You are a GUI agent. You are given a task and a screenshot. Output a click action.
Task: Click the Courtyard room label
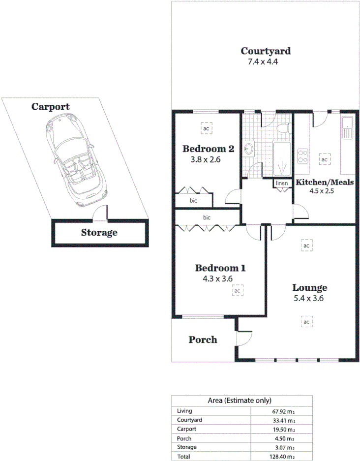point(266,51)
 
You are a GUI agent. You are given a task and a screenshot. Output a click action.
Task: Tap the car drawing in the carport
point(75,162)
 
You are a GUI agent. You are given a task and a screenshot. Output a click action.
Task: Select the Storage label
point(99,233)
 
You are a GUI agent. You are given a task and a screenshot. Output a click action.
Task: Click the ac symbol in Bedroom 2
point(206,128)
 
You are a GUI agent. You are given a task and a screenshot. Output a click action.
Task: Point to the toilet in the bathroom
point(282,129)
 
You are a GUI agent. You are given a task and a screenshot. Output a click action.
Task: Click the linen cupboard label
point(281,184)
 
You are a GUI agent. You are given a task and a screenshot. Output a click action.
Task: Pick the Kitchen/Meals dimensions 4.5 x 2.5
point(322,191)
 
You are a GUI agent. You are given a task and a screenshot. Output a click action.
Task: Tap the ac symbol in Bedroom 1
point(237,291)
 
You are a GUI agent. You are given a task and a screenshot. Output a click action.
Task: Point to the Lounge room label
point(310,288)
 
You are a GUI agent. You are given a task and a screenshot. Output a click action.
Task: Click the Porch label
point(203,339)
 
